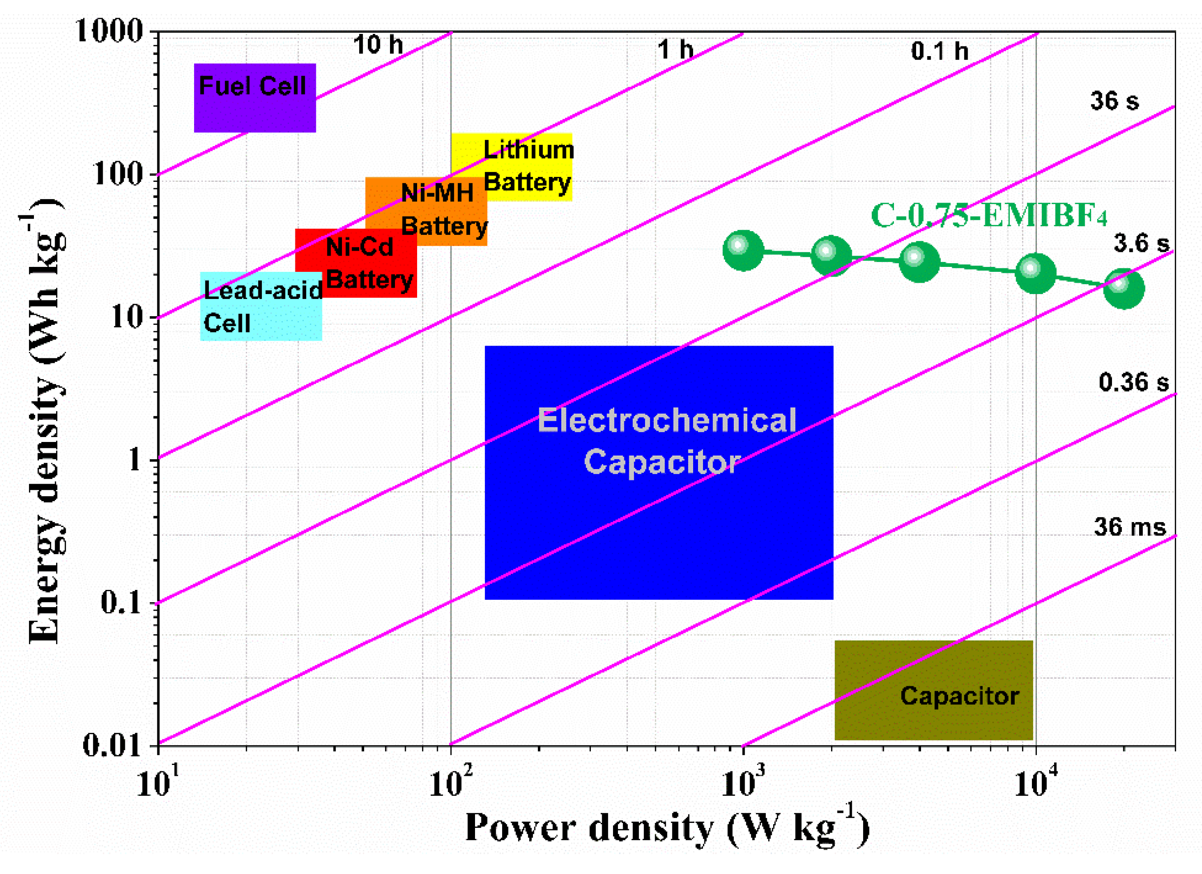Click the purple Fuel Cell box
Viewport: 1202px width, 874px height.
coord(254,98)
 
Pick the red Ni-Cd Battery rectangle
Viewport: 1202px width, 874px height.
coord(356,263)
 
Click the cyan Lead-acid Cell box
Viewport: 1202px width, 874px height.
coord(261,306)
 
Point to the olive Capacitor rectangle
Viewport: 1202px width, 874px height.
coord(933,689)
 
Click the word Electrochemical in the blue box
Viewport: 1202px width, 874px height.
coord(667,420)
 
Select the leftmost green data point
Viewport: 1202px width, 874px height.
coord(743,251)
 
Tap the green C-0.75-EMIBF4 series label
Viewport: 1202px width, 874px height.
coord(989,216)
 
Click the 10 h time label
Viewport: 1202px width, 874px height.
coord(377,45)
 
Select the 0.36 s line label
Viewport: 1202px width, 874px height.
coord(1133,383)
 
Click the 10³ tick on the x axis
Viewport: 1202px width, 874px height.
coord(743,784)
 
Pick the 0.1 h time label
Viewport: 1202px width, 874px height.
coord(939,52)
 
